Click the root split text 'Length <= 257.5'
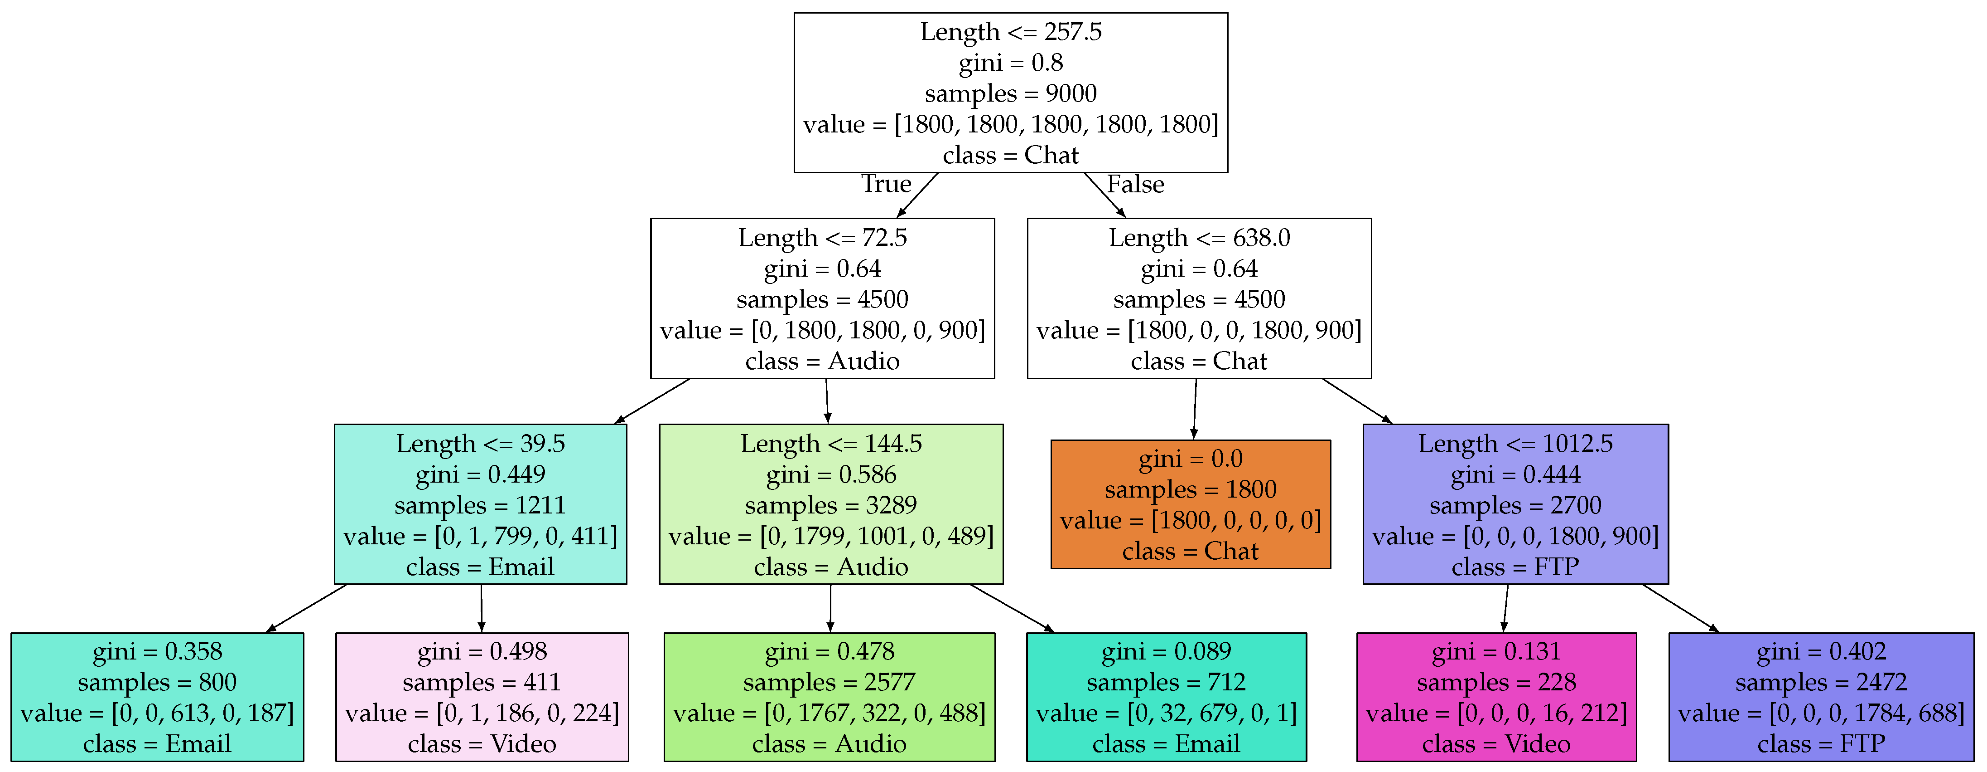pos(1010,32)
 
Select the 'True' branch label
pos(886,185)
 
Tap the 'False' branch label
pos(1135,185)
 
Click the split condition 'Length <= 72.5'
pos(822,238)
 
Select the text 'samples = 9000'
pos(1010,93)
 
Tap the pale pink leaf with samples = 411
pos(482,697)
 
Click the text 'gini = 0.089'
pos(1166,651)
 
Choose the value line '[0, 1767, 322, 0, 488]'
pos(829,713)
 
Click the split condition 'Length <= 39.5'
pos(481,444)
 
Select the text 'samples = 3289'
pos(831,506)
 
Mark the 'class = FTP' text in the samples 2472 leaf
pos(1820,744)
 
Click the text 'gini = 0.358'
pos(157,651)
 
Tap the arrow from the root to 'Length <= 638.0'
pos(1104,195)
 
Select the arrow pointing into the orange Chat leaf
pos(1195,409)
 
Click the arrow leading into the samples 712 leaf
pos(1012,608)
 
